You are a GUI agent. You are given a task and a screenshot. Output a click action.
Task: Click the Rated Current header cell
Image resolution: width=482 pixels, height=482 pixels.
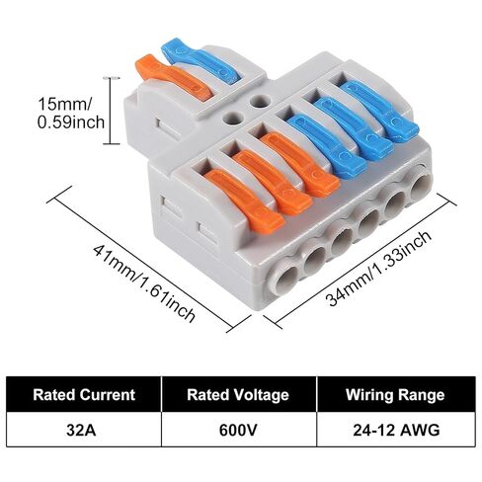pos(84,394)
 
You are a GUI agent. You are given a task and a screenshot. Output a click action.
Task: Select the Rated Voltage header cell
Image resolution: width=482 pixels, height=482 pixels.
pos(239,394)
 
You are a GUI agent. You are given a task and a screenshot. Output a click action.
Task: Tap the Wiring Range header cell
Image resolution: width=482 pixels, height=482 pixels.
pos(396,394)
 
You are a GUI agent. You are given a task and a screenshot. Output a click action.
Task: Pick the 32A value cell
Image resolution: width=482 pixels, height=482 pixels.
pos(84,430)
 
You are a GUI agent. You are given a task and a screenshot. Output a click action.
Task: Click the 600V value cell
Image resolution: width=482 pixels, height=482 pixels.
pos(239,430)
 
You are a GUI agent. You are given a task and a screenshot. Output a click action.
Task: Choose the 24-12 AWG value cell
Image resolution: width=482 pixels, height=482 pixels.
pos(396,430)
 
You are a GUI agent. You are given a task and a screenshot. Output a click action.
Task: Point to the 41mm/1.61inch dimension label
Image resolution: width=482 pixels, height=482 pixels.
pos(144,283)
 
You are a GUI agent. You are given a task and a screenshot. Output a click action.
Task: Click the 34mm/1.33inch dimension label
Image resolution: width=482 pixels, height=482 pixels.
pos(378,269)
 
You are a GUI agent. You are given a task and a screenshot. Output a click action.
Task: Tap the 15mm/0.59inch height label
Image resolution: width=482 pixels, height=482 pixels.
pos(71,113)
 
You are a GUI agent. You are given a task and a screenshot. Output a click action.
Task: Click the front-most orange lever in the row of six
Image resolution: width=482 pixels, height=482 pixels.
pos(244,201)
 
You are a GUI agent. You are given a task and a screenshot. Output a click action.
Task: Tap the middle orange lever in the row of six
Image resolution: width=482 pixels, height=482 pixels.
pos(273,182)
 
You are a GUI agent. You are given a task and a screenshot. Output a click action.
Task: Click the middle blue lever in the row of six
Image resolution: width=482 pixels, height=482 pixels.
pos(355,128)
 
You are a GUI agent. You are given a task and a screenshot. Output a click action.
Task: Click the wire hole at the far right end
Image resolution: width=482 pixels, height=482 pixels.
pos(422,187)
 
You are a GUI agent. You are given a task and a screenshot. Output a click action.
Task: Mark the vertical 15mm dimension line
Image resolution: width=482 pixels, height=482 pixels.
pos(111,111)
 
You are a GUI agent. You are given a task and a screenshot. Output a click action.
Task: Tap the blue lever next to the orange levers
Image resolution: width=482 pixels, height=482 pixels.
pos(327,145)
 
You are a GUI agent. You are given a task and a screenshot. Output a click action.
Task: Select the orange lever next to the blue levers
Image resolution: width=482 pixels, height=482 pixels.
pos(299,164)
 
